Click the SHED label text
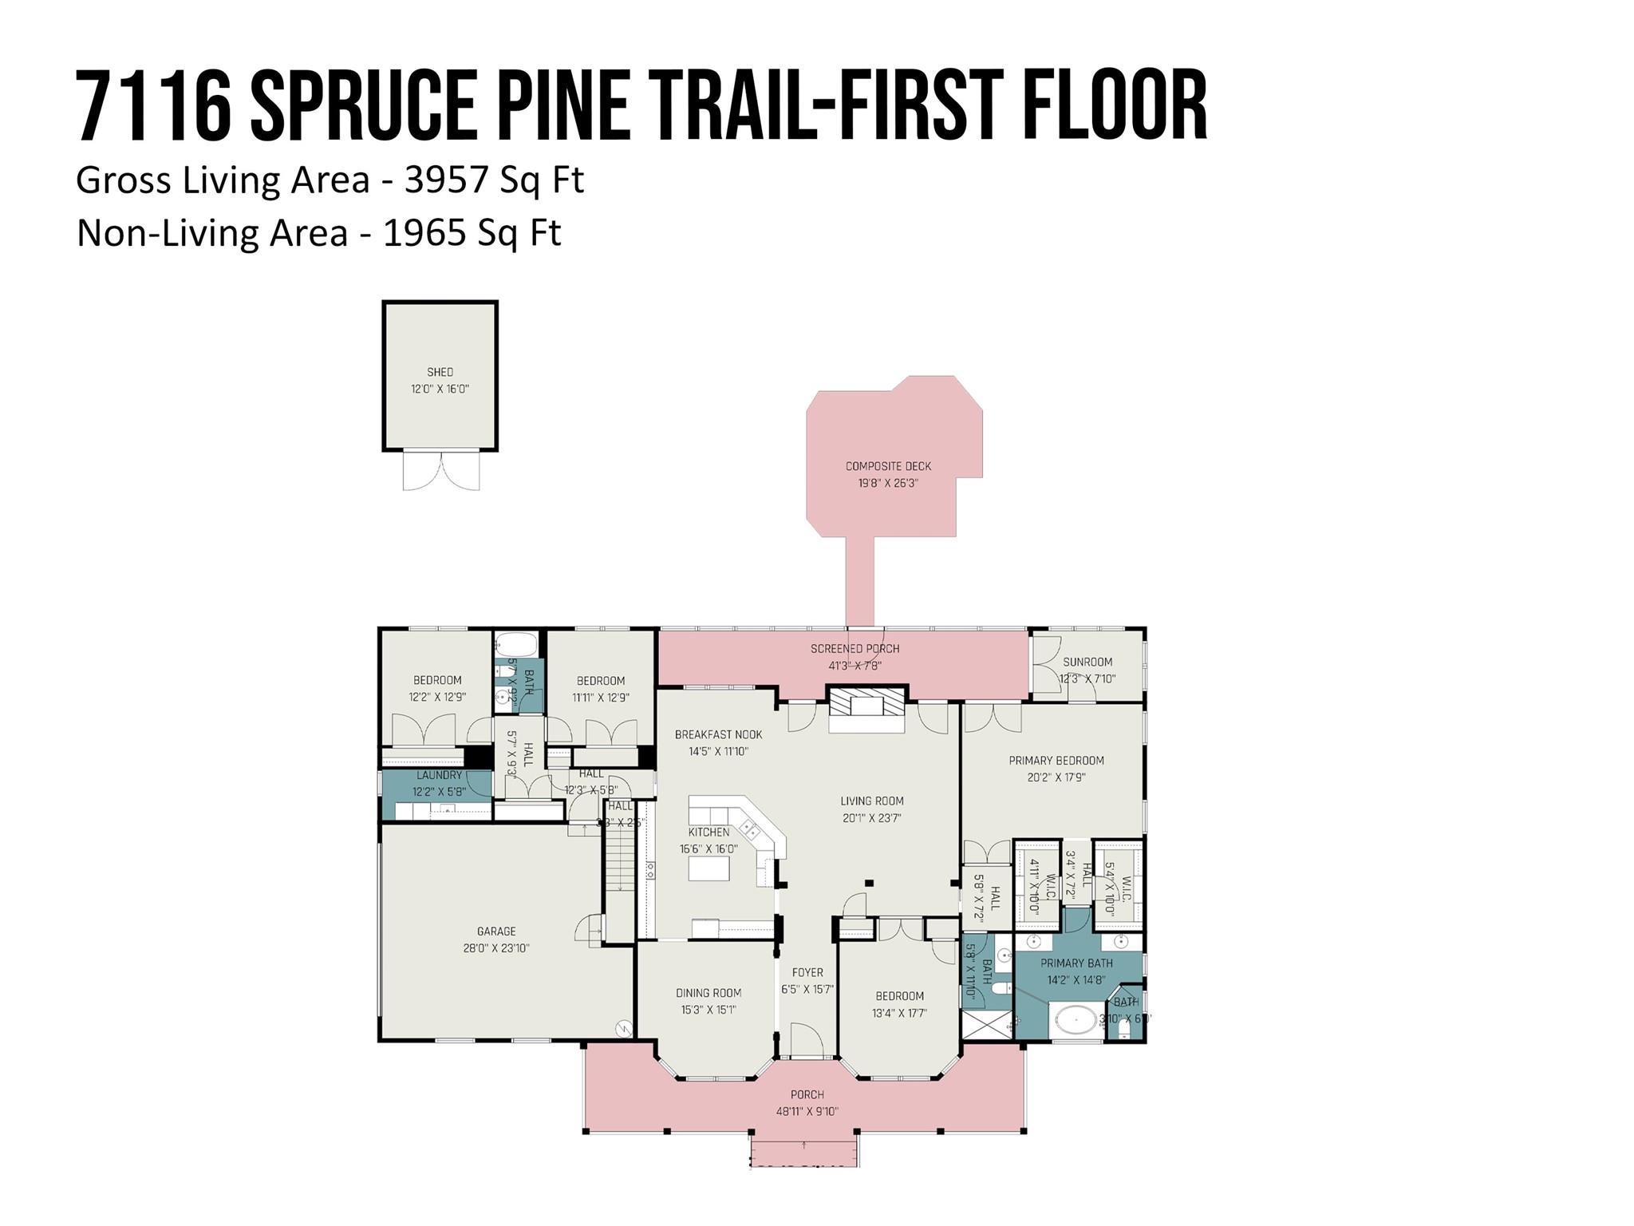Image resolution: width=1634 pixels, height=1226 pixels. [x=440, y=372]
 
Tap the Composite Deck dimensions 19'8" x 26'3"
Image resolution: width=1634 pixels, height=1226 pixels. [x=888, y=483]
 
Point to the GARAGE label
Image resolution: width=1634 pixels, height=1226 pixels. [x=496, y=931]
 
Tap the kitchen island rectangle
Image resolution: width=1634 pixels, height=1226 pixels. [x=709, y=868]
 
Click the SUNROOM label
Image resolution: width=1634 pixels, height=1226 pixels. [x=1087, y=662]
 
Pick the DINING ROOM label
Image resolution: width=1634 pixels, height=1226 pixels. [x=708, y=993]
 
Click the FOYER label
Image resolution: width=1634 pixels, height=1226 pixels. [x=807, y=972]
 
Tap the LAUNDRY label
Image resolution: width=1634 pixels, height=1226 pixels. [x=439, y=775]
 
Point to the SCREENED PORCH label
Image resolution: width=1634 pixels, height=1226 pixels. [x=854, y=649]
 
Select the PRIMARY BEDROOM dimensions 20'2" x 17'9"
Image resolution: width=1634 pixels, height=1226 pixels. [x=1056, y=777]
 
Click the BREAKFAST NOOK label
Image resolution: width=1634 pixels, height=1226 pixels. [x=718, y=734]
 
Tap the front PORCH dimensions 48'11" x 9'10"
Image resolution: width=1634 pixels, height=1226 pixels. [x=807, y=1111]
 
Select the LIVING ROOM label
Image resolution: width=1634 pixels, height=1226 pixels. [x=871, y=801]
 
